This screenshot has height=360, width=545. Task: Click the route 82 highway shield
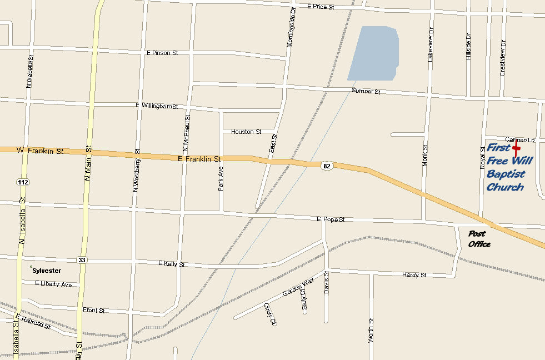[327, 166]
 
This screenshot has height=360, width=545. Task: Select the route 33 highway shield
[82, 259]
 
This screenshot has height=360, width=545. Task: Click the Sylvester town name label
[46, 271]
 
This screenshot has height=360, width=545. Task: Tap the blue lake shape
[374, 53]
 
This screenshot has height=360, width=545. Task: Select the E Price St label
[321, 7]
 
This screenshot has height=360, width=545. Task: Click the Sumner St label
[366, 91]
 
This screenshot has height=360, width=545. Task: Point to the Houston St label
[246, 132]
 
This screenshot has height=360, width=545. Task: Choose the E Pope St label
[331, 219]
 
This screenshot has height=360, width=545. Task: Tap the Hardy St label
[414, 275]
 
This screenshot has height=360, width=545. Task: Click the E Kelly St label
[171, 264]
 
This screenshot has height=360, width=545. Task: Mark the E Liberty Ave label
[53, 284]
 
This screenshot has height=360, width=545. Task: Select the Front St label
[93, 311]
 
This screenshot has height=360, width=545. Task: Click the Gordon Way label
[298, 287]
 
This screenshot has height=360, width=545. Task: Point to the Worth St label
[371, 330]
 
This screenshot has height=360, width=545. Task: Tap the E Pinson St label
[162, 53]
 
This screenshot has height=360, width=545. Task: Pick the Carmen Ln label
[519, 139]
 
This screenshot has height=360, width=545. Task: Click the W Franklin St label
[40, 151]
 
